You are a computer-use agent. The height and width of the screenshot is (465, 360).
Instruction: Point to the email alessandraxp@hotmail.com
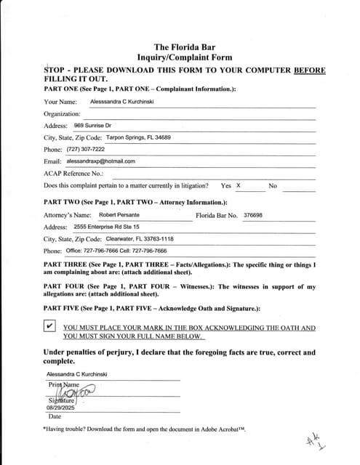tap(100, 161)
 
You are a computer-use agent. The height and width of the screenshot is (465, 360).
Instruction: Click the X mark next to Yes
tap(238, 186)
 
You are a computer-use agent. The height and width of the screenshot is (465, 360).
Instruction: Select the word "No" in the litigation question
tap(273, 186)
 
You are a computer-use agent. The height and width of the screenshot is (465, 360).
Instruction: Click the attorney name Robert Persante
tap(119, 215)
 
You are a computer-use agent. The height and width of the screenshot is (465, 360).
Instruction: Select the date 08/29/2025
tap(61, 408)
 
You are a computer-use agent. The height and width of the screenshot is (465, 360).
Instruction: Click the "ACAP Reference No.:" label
tap(73, 174)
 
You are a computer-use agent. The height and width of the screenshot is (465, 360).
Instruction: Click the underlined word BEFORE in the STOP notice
tap(310, 70)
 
